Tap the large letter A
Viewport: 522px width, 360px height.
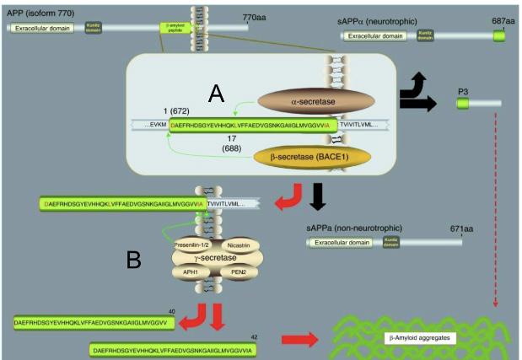(217, 93)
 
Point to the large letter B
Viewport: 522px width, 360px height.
(133, 261)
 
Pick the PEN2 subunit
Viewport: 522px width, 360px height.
(238, 271)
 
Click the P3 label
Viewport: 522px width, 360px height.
(463, 90)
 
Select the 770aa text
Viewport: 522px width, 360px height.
(254, 16)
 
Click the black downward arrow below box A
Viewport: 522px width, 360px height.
(317, 195)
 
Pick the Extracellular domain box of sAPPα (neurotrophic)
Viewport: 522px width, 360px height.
(375, 36)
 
